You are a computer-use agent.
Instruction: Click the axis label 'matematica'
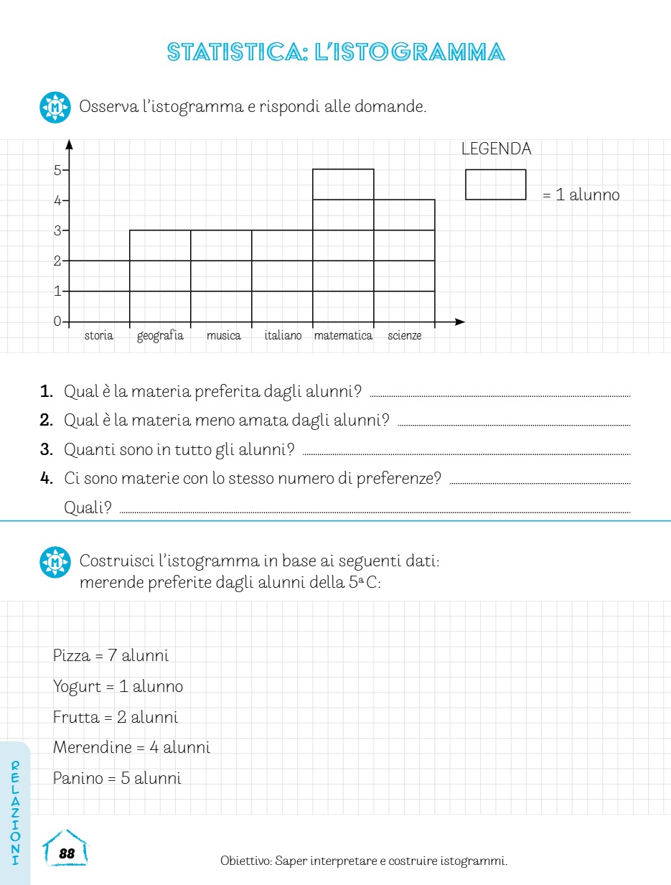343,336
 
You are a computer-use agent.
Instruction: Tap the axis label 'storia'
99,336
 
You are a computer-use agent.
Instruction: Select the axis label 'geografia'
160,336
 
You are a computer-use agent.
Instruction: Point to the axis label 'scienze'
405,336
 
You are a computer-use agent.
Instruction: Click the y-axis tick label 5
57,170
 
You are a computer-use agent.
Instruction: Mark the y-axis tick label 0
57,322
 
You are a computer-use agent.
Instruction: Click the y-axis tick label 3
57,231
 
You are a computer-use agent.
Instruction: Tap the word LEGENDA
496,149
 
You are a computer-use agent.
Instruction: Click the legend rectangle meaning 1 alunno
495,184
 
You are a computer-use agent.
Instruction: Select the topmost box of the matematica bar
343,184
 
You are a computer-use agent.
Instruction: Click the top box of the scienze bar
404,215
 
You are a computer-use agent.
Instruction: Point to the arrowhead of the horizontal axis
460,322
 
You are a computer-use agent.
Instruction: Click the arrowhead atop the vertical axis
70,144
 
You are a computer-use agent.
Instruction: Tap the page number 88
67,853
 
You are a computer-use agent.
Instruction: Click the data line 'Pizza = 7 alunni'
111,655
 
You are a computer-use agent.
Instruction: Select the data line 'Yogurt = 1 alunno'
118,687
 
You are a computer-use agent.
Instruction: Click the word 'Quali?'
88,508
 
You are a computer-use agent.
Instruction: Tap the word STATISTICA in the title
237,52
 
